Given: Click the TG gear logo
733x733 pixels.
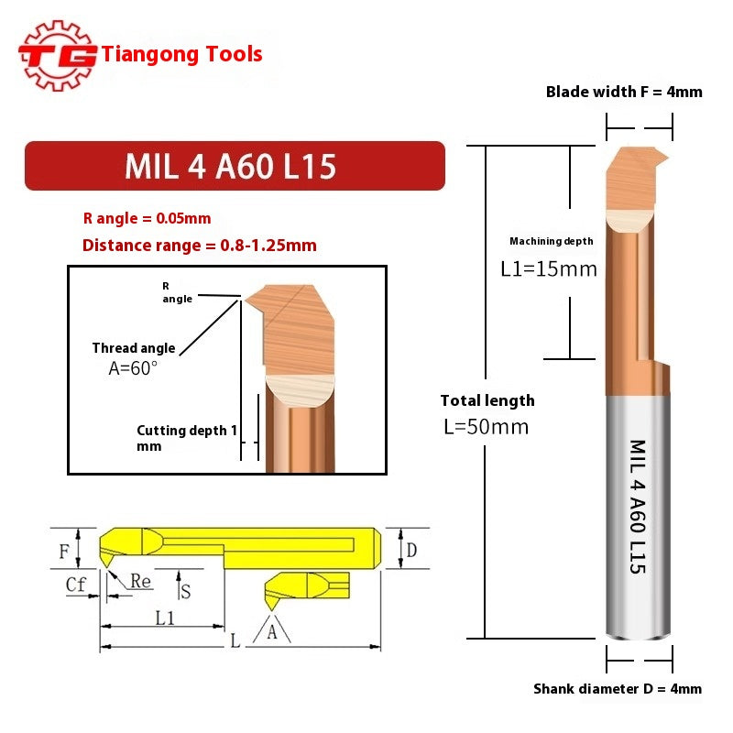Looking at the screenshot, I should [58, 55].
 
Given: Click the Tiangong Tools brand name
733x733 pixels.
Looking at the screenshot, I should [182, 54].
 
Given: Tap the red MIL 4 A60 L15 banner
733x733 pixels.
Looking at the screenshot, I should [234, 166].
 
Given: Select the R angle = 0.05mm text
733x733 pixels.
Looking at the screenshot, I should [147, 218].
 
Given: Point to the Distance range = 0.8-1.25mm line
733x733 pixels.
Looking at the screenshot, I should [199, 245].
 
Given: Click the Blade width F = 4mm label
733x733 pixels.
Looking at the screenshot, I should [624, 92].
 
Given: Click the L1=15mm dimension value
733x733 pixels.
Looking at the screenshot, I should [548, 269].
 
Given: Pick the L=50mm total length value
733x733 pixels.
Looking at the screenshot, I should [485, 427].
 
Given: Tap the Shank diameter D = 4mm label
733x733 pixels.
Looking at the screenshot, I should [618, 689].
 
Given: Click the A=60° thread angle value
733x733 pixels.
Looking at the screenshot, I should [133, 367].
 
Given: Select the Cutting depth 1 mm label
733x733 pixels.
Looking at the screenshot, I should [187, 438].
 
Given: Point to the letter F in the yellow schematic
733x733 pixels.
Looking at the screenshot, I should [64, 552].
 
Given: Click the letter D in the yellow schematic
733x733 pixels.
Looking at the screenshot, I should [411, 550].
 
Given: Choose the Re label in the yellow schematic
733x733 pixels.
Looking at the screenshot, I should [140, 581].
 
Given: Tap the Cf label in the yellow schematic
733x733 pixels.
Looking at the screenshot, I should [76, 583].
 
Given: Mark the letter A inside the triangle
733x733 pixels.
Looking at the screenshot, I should [271, 633].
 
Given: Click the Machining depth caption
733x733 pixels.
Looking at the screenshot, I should [552, 241].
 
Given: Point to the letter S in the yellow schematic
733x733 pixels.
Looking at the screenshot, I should [185, 591].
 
